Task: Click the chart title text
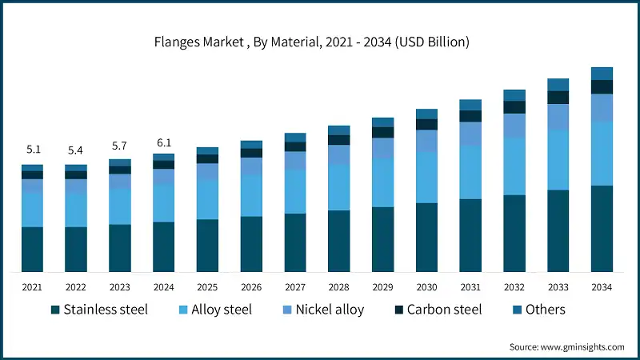(x=320, y=42)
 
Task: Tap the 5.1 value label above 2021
(x=32, y=149)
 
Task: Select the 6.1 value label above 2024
(x=164, y=142)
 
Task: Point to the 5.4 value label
(x=76, y=150)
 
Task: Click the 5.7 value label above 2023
(x=120, y=146)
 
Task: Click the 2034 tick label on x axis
(x=602, y=286)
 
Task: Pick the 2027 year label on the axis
(x=295, y=286)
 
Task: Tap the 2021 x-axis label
(x=32, y=286)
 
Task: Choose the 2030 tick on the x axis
(x=426, y=286)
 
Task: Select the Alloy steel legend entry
(x=215, y=310)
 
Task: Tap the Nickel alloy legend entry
(x=325, y=310)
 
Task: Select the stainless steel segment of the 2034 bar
(x=602, y=228)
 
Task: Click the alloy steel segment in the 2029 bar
(x=382, y=182)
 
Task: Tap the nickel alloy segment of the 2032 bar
(x=514, y=125)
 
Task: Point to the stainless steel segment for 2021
(x=32, y=249)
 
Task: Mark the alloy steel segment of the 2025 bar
(x=207, y=199)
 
